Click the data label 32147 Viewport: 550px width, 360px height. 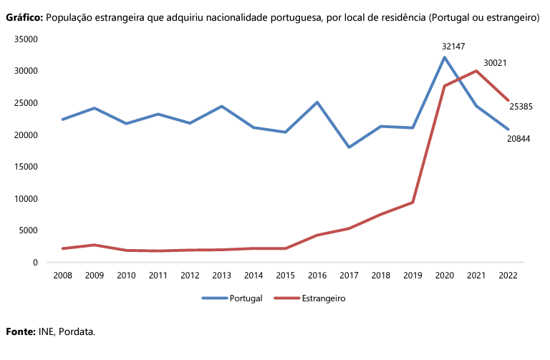click(453, 46)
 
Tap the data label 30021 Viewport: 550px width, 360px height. click(495, 63)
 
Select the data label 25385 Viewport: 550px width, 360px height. click(521, 107)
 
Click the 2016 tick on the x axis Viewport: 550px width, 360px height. click(317, 276)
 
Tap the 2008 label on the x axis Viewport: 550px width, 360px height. click(62, 276)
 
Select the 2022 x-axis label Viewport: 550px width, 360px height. click(508, 276)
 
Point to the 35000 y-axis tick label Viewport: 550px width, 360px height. click(26, 39)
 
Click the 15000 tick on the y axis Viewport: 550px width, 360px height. click(26, 167)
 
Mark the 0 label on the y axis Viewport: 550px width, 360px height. click(34, 263)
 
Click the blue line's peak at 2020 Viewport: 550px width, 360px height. click(445, 57)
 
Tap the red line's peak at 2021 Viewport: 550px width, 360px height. click(476, 71)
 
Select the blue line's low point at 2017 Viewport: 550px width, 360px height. click(349, 147)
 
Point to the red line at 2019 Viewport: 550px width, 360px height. click(412, 203)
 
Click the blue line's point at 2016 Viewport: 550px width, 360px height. click(317, 102)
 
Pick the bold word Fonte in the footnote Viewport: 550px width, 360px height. click(20, 332)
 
